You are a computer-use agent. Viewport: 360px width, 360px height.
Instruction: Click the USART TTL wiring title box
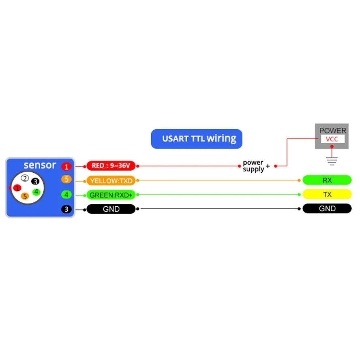pyautogui.click(x=197, y=139)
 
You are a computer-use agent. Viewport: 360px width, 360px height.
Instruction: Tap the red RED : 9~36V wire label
pyautogui.click(x=111, y=165)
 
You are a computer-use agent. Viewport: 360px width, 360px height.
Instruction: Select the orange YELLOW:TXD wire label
pyautogui.click(x=111, y=180)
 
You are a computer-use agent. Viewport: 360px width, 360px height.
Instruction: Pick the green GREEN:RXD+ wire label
pyautogui.click(x=111, y=195)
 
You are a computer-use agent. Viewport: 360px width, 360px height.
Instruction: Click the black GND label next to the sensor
pyautogui.click(x=111, y=209)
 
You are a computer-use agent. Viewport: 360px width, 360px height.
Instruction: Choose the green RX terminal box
pyautogui.click(x=327, y=180)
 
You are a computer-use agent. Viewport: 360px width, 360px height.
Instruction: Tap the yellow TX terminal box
pyautogui.click(x=327, y=195)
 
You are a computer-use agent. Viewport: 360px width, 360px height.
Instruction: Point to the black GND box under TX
pyautogui.click(x=327, y=209)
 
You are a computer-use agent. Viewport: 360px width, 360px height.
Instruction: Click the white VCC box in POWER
pyautogui.click(x=332, y=139)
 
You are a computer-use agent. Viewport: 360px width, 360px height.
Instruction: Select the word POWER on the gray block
pyautogui.click(x=332, y=131)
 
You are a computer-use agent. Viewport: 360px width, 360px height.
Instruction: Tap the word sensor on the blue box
pyautogui.click(x=40, y=165)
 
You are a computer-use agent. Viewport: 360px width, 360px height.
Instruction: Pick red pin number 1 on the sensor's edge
pyautogui.click(x=66, y=166)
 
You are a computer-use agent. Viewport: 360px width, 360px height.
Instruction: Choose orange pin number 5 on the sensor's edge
pyautogui.click(x=66, y=179)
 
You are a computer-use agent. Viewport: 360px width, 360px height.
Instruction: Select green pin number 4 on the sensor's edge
pyautogui.click(x=66, y=195)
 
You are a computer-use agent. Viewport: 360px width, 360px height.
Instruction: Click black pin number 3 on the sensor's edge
pyautogui.click(x=66, y=209)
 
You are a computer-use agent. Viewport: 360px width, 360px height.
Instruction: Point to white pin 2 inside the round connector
pyautogui.click(x=25, y=178)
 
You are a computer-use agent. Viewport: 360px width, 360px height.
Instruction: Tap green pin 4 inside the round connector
pyautogui.click(x=36, y=191)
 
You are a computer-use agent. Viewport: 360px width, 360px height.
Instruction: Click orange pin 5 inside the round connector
pyautogui.click(x=25, y=196)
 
